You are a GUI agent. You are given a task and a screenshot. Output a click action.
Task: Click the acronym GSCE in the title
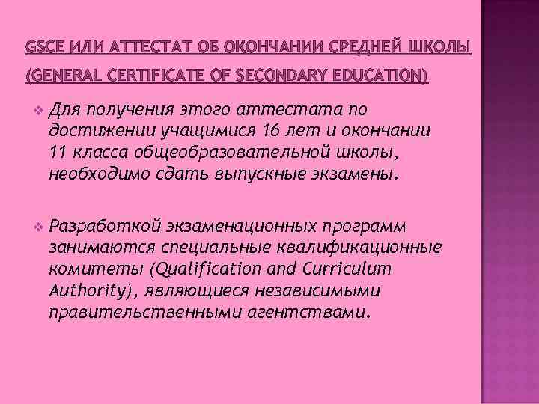click(41, 49)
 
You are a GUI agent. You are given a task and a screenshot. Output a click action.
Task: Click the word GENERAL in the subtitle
click(63, 75)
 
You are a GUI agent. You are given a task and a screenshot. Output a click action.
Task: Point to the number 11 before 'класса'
click(58, 153)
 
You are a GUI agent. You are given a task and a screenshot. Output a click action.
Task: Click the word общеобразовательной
click(244, 153)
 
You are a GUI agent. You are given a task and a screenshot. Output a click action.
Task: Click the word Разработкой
click(105, 225)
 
